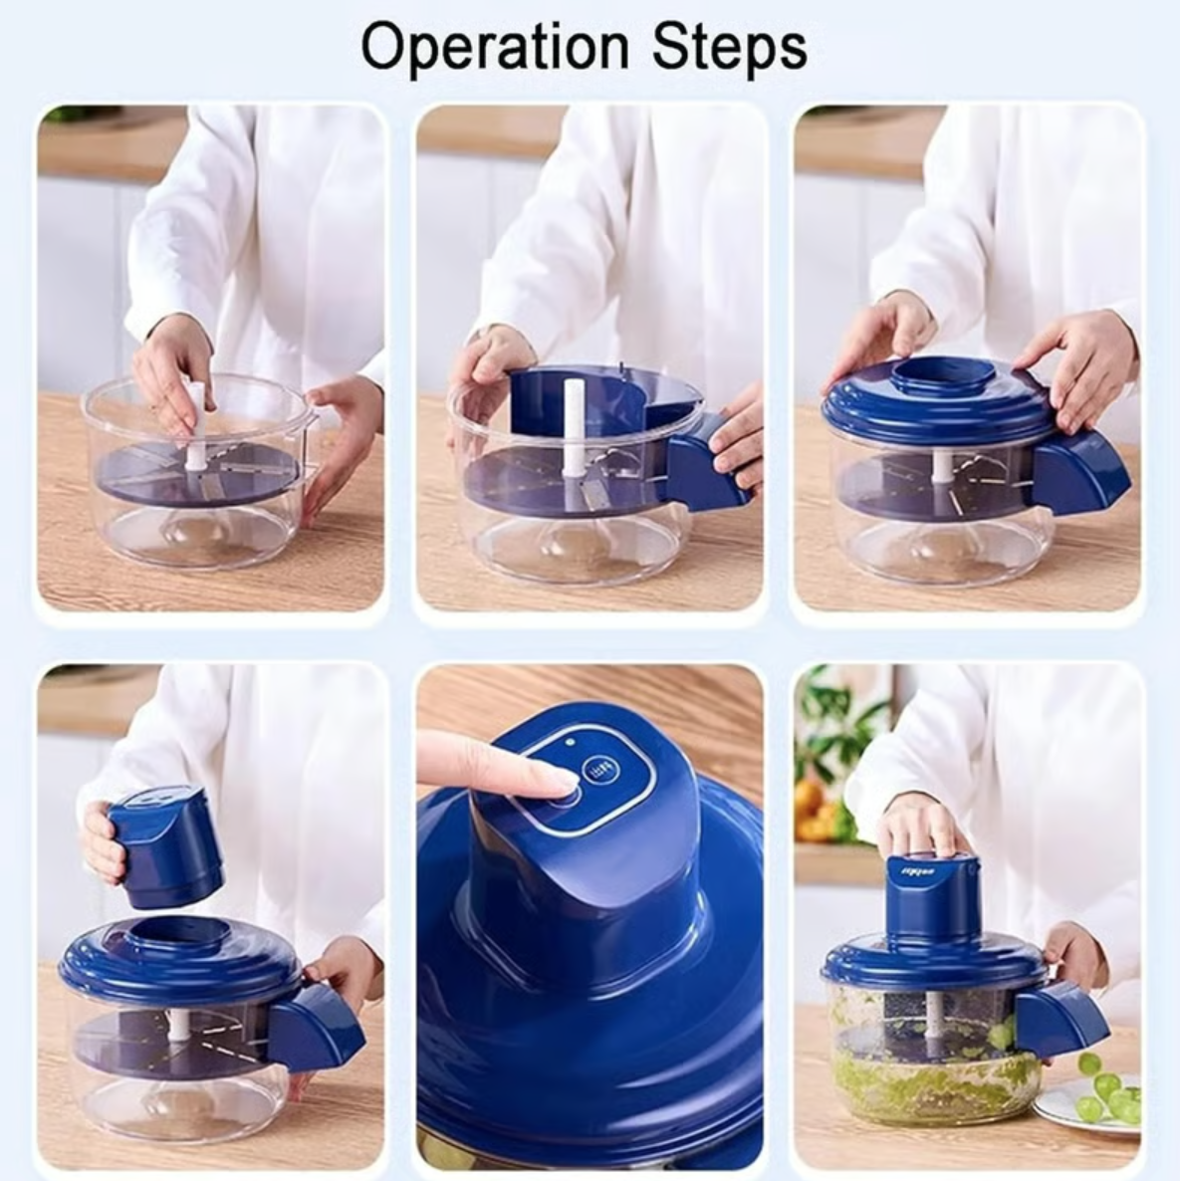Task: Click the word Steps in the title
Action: [729, 47]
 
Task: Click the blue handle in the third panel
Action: [1080, 474]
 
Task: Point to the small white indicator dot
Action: [569, 741]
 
